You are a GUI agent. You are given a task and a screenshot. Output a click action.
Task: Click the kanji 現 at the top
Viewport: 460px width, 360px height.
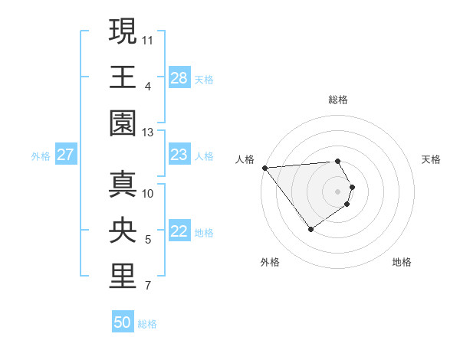click(123, 31)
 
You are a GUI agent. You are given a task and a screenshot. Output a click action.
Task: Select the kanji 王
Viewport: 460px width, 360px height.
click(123, 77)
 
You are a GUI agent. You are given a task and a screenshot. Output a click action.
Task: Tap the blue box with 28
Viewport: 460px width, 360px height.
click(179, 78)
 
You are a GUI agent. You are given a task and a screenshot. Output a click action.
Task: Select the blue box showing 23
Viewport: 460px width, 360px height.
click(179, 155)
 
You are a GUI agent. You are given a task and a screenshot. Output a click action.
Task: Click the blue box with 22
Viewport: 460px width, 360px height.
click(179, 232)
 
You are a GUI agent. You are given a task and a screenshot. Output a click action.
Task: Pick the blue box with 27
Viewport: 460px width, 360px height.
click(65, 155)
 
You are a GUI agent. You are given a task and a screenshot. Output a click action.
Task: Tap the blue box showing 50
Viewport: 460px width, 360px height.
click(123, 322)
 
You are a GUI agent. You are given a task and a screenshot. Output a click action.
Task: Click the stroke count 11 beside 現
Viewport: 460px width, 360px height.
click(148, 38)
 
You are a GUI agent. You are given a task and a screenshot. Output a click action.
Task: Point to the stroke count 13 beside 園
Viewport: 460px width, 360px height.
click(148, 132)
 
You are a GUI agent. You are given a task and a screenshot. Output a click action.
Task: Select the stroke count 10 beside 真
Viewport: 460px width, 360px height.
click(148, 193)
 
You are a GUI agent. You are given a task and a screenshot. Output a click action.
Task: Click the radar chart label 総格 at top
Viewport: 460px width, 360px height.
click(338, 100)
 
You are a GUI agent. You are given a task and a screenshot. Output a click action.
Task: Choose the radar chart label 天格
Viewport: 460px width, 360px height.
click(431, 160)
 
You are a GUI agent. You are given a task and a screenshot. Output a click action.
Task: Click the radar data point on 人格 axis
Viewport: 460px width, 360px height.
click(264, 167)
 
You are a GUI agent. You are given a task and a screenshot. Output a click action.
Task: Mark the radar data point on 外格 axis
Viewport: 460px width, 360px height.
click(310, 229)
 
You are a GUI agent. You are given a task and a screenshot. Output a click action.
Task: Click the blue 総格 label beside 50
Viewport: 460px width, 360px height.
click(147, 324)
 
